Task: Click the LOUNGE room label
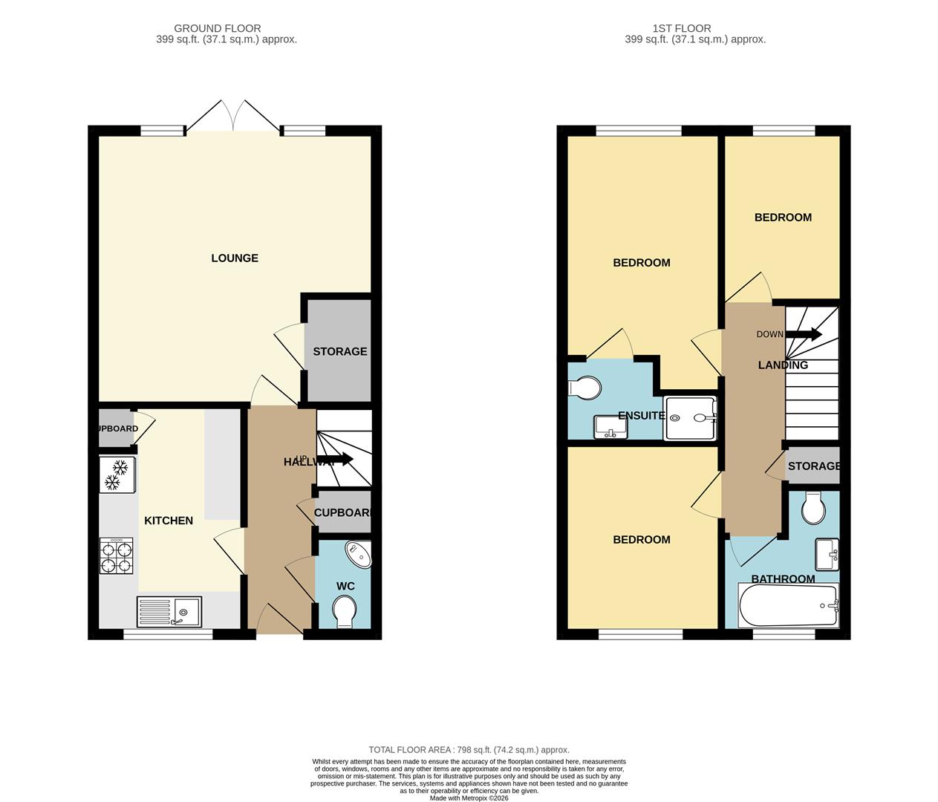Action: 235,258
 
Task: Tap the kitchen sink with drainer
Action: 169,612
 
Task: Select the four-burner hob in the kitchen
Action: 117,556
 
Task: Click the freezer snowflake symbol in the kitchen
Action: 117,475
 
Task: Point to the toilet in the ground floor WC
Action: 345,613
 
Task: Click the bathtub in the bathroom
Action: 788,606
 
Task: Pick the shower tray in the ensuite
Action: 691,418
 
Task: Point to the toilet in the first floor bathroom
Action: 814,508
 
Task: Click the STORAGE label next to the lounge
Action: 339,351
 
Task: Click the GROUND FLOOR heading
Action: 218,28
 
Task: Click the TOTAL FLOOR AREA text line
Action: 469,750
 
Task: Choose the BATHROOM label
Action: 783,579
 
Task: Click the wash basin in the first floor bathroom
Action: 827,552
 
